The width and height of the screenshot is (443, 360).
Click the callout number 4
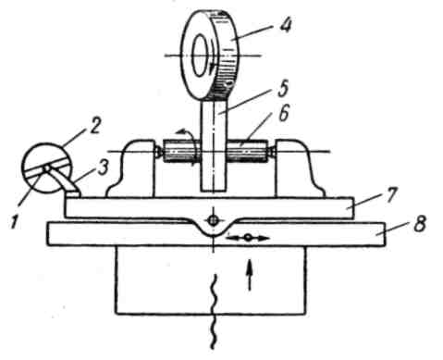(x=286, y=26)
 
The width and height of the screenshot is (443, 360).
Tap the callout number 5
(x=282, y=88)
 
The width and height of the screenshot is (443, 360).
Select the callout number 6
(x=283, y=113)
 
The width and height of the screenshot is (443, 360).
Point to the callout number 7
(x=390, y=194)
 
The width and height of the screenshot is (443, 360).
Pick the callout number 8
(x=420, y=223)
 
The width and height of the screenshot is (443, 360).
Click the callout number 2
(x=94, y=126)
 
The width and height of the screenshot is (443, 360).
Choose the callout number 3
(x=104, y=168)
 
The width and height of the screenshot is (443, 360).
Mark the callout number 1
(x=14, y=222)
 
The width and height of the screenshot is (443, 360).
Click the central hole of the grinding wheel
(x=201, y=56)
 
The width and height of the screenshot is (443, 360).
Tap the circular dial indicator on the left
(x=46, y=168)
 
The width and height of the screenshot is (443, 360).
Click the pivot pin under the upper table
(x=213, y=220)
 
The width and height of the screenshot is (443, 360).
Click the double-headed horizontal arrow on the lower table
(x=249, y=238)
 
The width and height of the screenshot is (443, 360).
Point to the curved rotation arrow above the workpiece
(x=187, y=136)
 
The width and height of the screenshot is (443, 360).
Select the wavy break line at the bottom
(x=214, y=312)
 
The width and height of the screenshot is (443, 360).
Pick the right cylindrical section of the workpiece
(x=248, y=152)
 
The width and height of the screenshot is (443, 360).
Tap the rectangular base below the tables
(x=211, y=280)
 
